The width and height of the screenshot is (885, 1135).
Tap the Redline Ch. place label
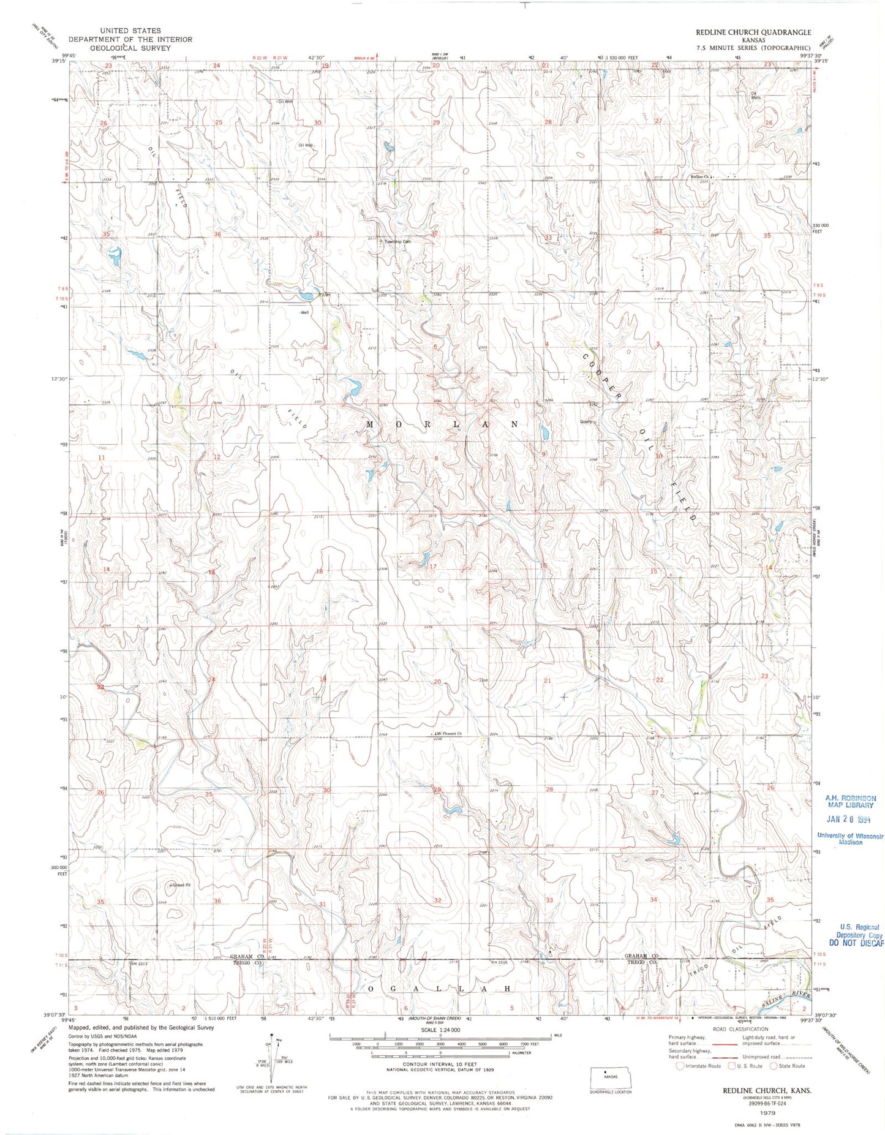click(699, 177)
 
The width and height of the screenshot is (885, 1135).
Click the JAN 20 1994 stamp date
click(849, 819)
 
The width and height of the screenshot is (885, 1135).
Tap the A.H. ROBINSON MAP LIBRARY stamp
click(850, 801)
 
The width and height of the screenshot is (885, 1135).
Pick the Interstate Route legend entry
click(698, 1066)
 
